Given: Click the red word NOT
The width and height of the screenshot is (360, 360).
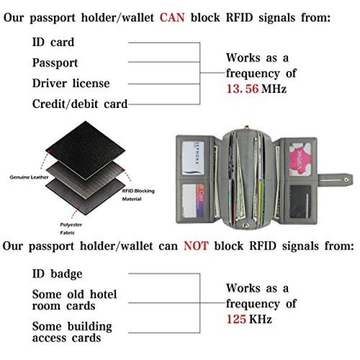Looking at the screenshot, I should [196, 246].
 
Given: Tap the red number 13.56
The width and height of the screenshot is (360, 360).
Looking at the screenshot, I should [243, 88].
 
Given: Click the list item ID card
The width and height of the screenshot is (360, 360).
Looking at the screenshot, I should [53, 42].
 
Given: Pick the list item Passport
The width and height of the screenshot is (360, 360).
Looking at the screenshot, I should [55, 63].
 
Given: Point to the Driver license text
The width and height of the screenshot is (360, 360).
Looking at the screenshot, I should [71, 84].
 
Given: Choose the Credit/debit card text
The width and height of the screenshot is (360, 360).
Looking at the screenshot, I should [80, 104].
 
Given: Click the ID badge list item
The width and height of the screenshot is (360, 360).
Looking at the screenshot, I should [57, 274].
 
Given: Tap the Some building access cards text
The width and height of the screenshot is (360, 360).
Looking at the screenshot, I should [72, 332].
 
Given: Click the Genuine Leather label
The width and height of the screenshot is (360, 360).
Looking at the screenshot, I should [29, 177].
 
